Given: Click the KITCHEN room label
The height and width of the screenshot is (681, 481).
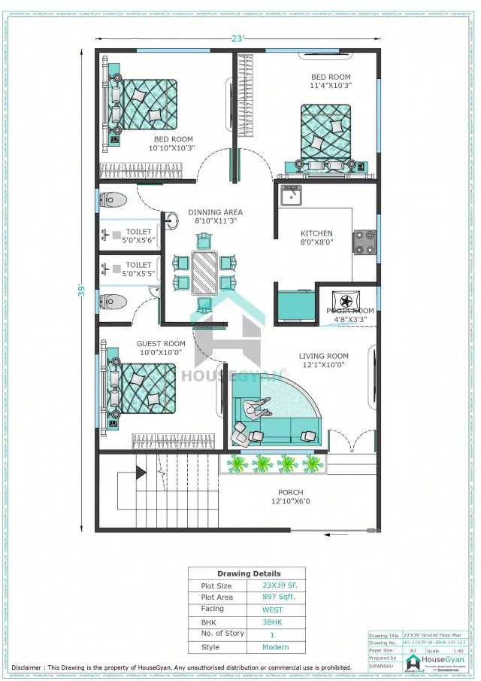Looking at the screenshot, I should [x=316, y=233].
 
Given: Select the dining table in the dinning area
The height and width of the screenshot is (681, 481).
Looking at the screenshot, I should [x=204, y=272].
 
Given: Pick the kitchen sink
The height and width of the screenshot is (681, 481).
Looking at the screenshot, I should [x=290, y=196].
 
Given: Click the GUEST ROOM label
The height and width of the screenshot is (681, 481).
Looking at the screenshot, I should [x=161, y=344].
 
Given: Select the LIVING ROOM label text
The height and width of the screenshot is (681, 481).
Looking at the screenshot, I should [x=323, y=356].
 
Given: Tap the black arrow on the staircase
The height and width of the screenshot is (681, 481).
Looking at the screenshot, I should [x=141, y=472].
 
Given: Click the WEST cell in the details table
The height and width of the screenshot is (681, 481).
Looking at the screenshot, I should [x=273, y=610].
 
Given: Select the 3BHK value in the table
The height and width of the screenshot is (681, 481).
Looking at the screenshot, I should [x=273, y=622].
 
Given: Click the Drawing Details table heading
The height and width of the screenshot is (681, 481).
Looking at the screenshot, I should [x=248, y=573].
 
